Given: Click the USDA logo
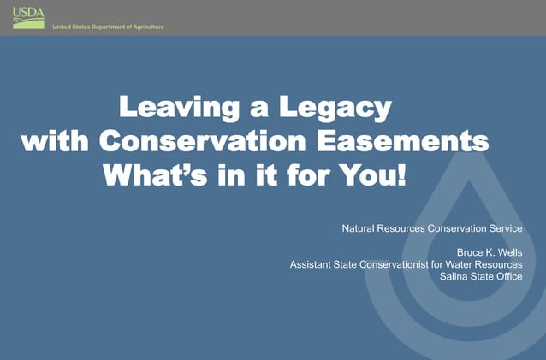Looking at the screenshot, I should click(x=28, y=17).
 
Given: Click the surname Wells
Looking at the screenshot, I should click(x=508, y=253).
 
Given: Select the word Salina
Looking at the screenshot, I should click(x=455, y=276).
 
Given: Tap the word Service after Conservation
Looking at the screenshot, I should click(x=504, y=229).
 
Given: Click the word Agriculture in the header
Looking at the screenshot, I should click(x=144, y=27).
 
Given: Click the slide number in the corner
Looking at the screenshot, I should click(x=511, y=343).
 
